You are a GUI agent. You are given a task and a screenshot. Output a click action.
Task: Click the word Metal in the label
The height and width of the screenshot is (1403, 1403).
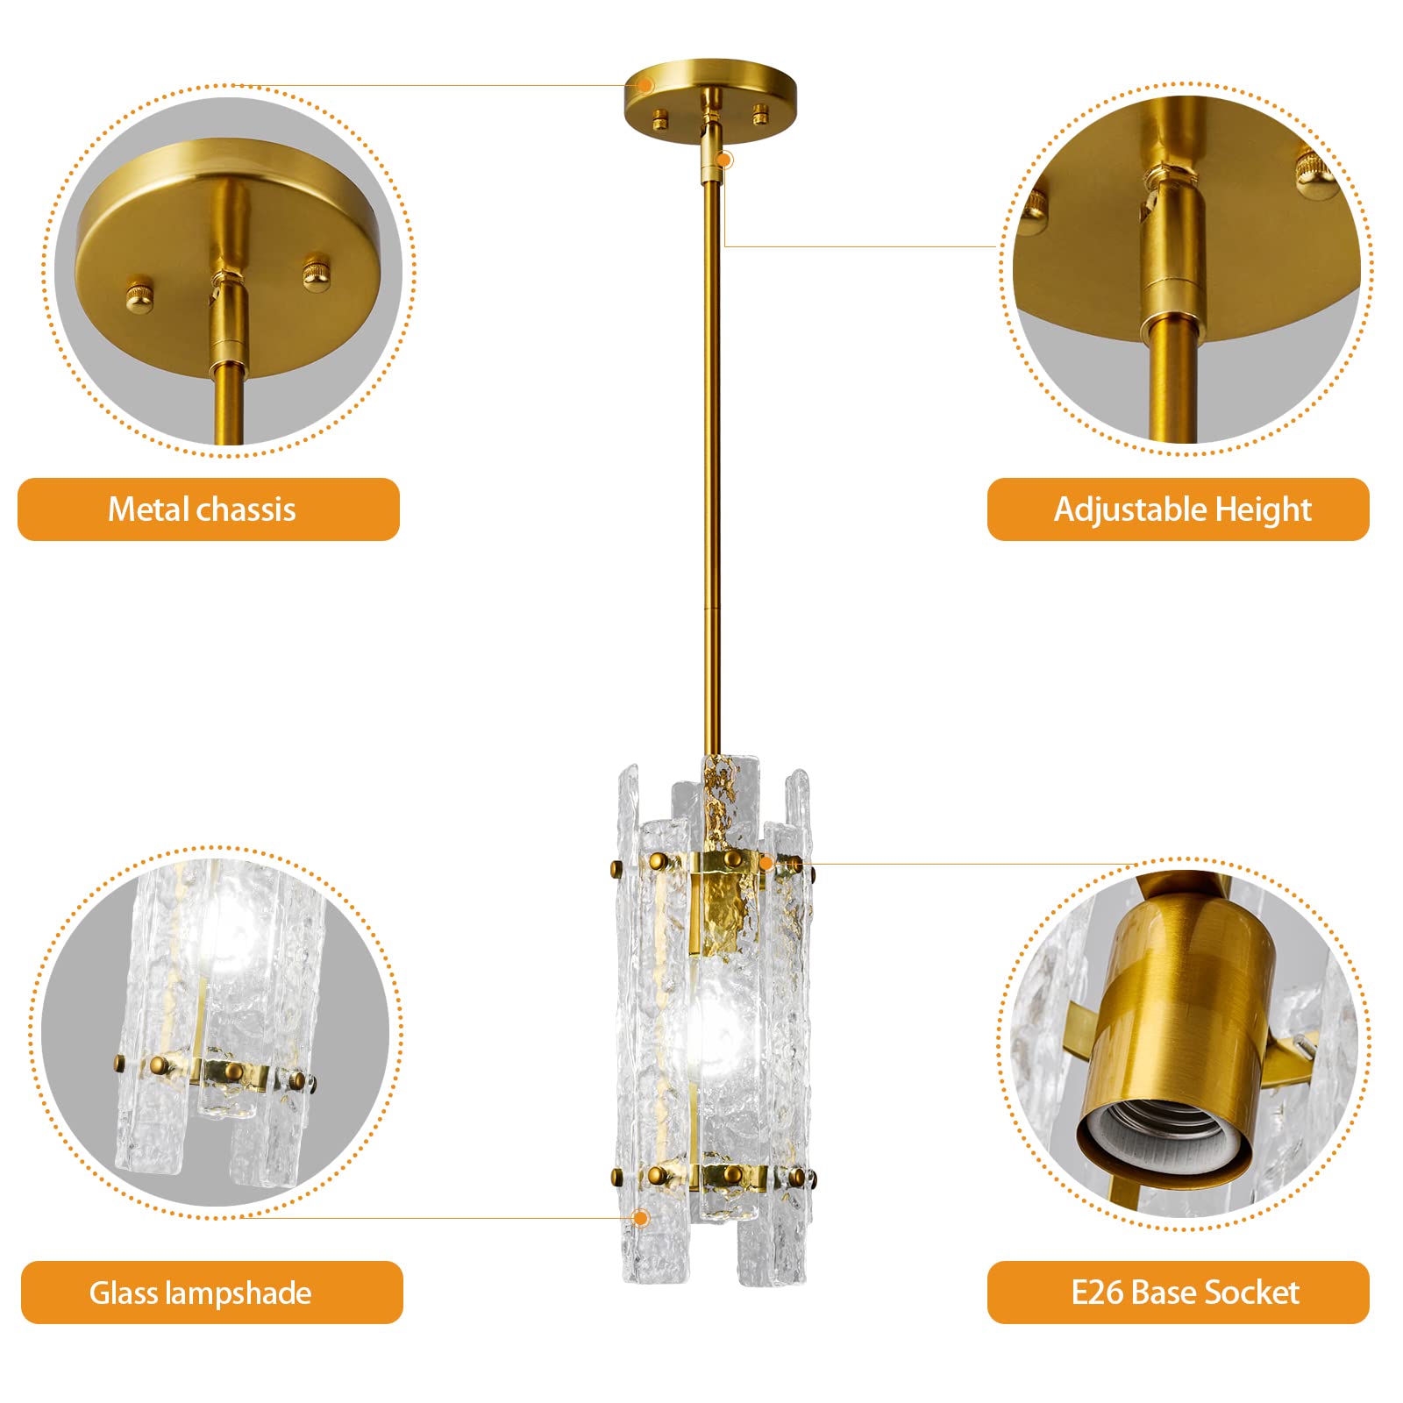coord(148,509)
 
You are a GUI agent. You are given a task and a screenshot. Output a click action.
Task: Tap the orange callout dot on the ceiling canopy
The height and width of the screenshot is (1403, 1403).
coord(645,85)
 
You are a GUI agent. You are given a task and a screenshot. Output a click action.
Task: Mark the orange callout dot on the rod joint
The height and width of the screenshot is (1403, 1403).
coord(725,160)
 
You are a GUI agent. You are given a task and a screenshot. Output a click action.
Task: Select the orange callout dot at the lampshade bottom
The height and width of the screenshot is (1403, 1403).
coord(641,1218)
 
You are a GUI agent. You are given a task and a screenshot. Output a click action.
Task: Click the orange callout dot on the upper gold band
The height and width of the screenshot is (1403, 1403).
coord(766,864)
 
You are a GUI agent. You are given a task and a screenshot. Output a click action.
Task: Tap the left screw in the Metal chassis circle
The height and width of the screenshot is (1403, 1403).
coord(139,294)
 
